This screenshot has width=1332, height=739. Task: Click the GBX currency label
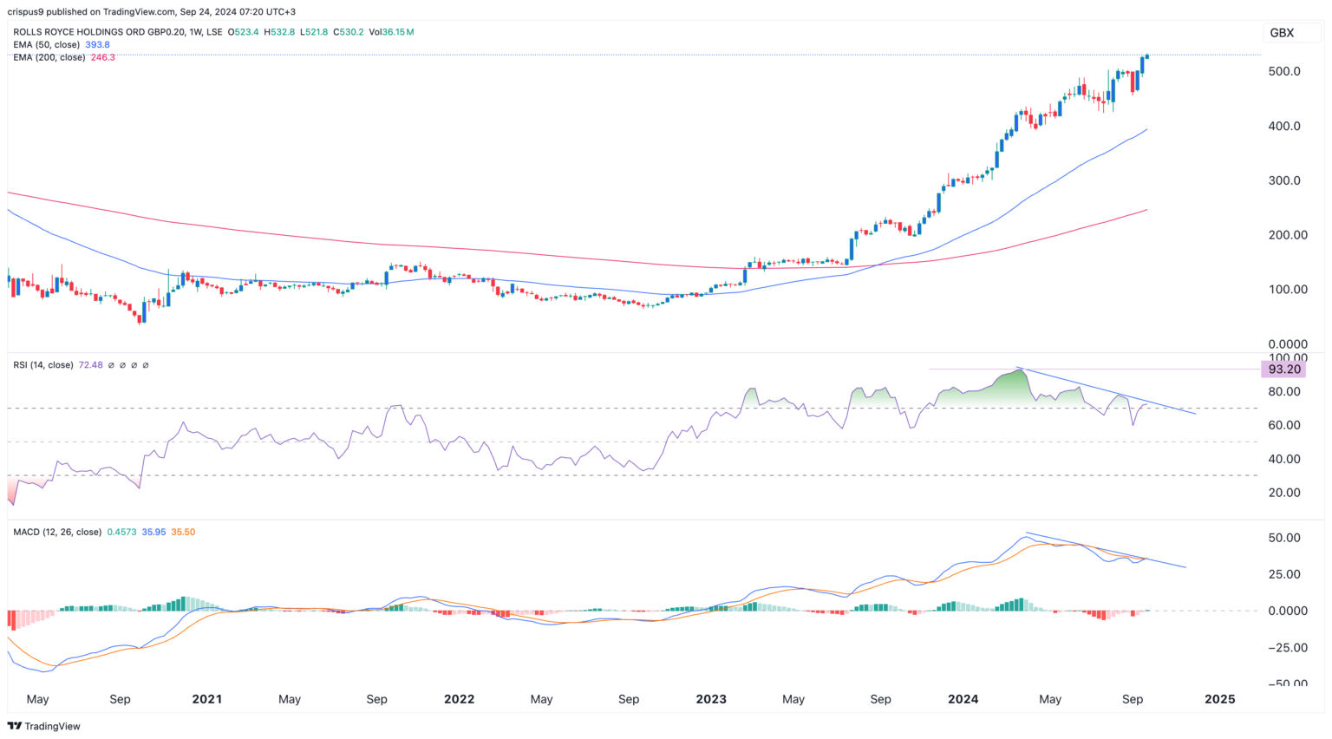pos(1281,33)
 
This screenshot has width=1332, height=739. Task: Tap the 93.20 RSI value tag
pos(1283,369)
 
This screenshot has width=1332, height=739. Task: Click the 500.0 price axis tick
pos(1283,71)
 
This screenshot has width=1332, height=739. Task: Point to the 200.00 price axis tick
pos(1288,235)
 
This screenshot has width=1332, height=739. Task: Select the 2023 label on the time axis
pos(710,699)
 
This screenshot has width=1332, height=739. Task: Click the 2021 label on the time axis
pos(206,699)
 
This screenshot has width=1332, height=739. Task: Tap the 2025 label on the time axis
pos(1219,699)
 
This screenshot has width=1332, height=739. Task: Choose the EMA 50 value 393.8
pos(97,44)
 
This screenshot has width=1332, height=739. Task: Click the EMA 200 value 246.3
pos(102,57)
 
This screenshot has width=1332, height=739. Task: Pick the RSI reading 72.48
pos(90,365)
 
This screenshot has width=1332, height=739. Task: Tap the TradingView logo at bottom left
pos(44,726)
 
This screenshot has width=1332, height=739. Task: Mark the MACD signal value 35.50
pos(183,532)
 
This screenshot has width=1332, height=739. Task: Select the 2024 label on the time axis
pos(963,699)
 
